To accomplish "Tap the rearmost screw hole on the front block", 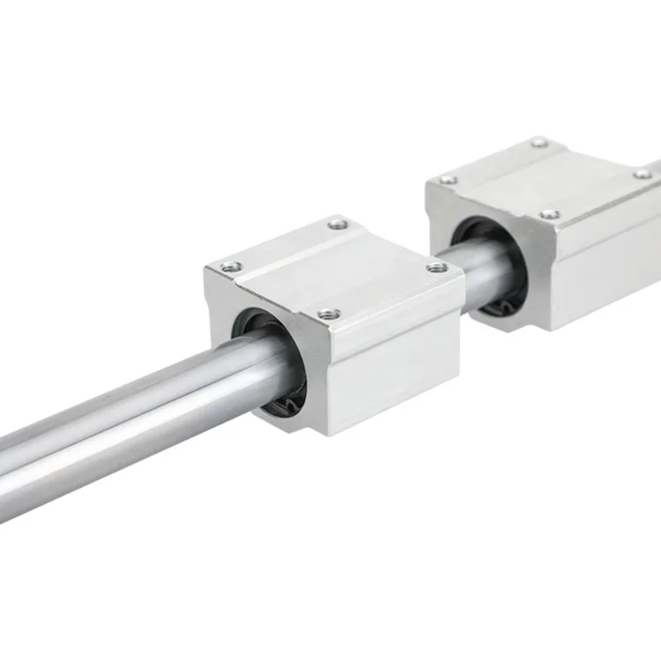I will click(x=336, y=226).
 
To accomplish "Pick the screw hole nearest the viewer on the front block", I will click(x=329, y=311).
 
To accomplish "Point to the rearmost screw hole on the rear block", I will click(x=539, y=142).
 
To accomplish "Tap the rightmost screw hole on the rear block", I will click(x=643, y=175).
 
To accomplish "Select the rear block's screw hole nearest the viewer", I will click(x=549, y=213).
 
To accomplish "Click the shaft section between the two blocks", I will click(x=476, y=264).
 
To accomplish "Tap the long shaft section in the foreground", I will click(x=132, y=423).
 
